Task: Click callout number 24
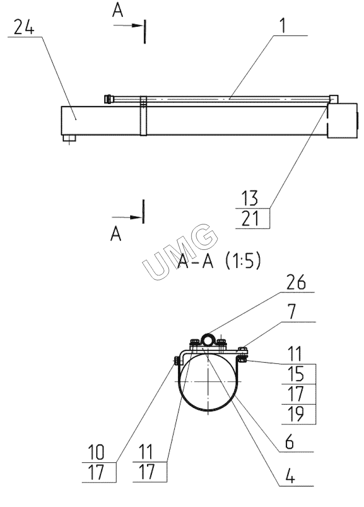tap(24, 27)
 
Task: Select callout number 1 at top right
tap(283, 25)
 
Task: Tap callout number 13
tap(250, 198)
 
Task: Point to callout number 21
tap(250, 219)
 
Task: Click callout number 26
tap(296, 282)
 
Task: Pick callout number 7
tap(292, 311)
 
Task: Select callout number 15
tap(296, 374)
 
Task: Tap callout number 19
tap(296, 414)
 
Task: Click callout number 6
tap(289, 442)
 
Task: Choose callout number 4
tap(290, 476)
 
